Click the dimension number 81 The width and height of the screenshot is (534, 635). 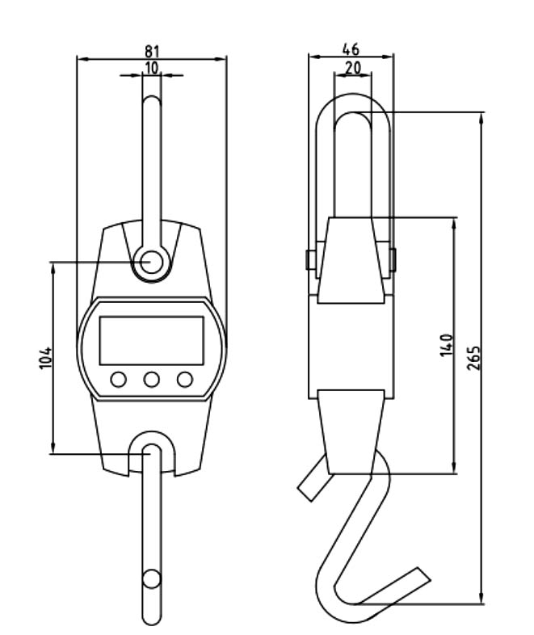151,51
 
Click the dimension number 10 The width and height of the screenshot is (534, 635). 151,67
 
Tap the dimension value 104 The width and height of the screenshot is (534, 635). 45,356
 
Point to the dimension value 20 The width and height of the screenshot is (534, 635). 352,69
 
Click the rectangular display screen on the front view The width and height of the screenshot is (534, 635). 151,340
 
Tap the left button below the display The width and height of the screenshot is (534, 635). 119,379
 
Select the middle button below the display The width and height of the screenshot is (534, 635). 152,379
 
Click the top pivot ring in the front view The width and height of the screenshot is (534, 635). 151,262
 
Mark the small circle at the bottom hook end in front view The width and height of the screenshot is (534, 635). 151,578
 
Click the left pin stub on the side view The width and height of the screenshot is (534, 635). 309,260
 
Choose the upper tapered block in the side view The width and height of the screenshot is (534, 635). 351,259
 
